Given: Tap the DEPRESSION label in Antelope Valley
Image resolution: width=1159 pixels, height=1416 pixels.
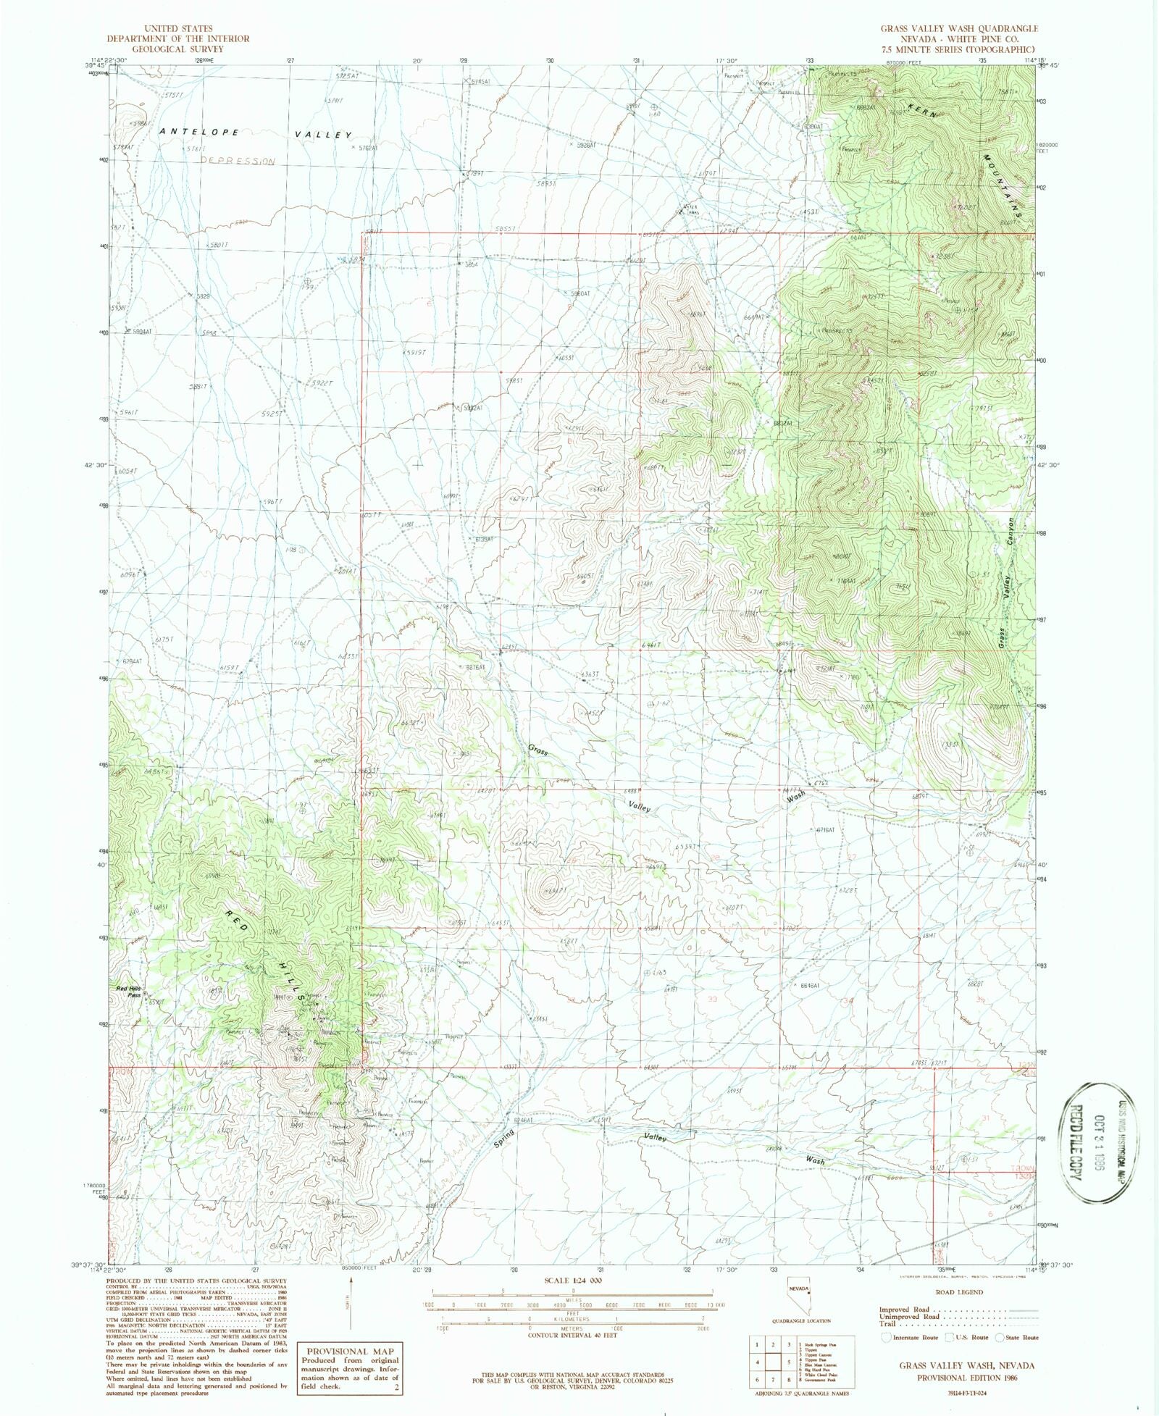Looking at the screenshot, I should pyautogui.click(x=238, y=161).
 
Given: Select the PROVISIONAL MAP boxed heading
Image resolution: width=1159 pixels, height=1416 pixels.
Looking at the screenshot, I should pyautogui.click(x=350, y=1352).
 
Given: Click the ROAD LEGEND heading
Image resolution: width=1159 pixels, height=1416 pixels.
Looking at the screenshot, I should pyautogui.click(x=960, y=1291).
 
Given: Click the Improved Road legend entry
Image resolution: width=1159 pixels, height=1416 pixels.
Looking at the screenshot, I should pyautogui.click(x=905, y=1310).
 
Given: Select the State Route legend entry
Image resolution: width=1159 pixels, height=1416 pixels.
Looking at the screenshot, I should pyautogui.click(x=1017, y=1338).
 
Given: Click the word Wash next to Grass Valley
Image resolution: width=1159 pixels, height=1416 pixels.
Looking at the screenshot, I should pyautogui.click(x=795, y=797).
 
